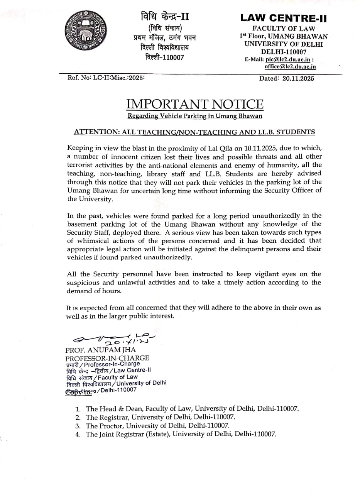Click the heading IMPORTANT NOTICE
(195, 104)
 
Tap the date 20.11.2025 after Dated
(298, 78)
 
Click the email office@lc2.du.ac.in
(290, 66)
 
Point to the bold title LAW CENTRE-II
(283, 17)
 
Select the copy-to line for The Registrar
(161, 417)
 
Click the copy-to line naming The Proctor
(157, 426)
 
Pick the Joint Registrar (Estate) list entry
(181, 434)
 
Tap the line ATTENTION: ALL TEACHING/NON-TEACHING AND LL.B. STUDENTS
(194, 132)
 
